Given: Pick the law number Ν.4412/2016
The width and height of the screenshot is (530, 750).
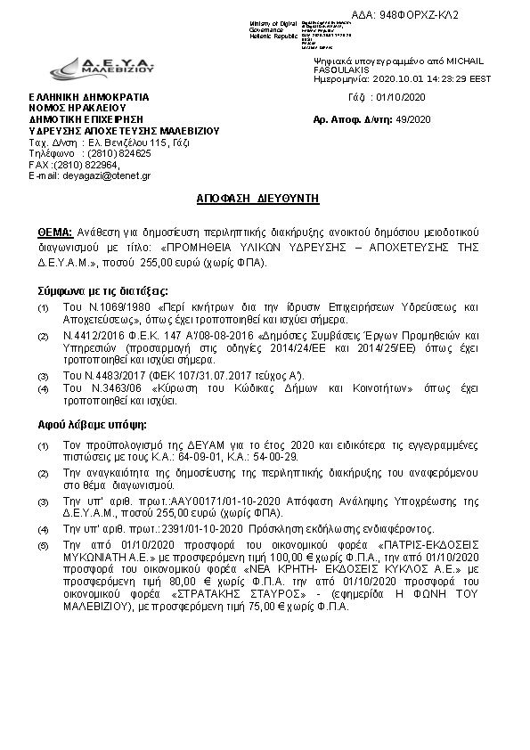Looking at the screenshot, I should pyautogui.click(x=94, y=335).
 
